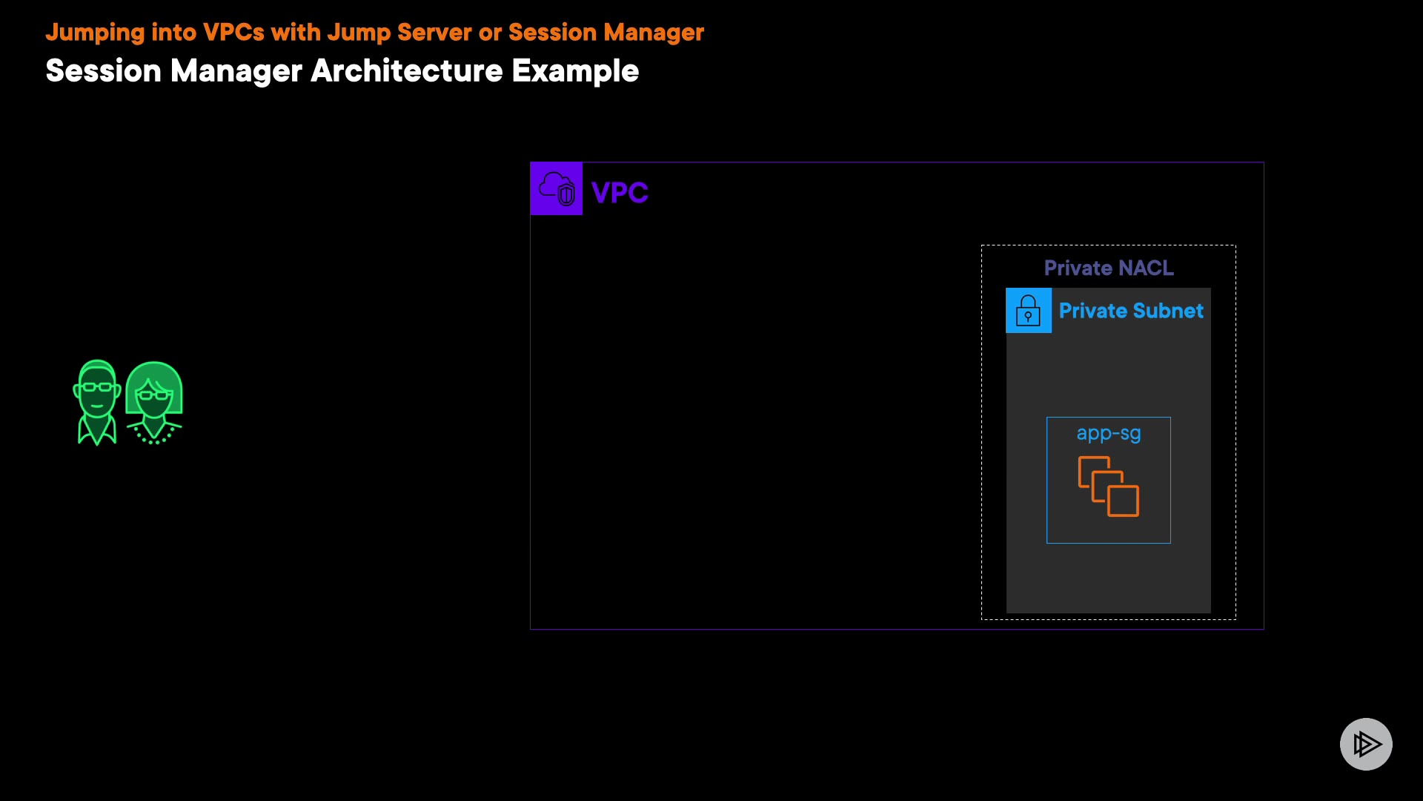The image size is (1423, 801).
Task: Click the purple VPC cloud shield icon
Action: [557, 188]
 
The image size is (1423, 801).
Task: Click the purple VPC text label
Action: [620, 193]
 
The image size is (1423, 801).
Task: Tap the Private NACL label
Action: [1109, 268]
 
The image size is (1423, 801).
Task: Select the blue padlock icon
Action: [1028, 310]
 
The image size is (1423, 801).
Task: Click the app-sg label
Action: [1109, 434]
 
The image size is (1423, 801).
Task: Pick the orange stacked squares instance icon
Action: [1109, 487]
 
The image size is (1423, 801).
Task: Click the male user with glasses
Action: [97, 402]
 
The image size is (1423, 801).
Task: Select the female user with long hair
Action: [154, 403]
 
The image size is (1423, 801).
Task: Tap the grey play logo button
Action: [1366, 744]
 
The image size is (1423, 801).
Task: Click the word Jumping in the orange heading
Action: [95, 33]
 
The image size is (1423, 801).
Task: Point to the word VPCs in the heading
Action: [233, 33]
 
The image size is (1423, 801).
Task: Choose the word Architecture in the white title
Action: [407, 71]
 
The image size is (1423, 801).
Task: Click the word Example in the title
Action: [575, 72]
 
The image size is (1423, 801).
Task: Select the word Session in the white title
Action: [103, 71]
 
